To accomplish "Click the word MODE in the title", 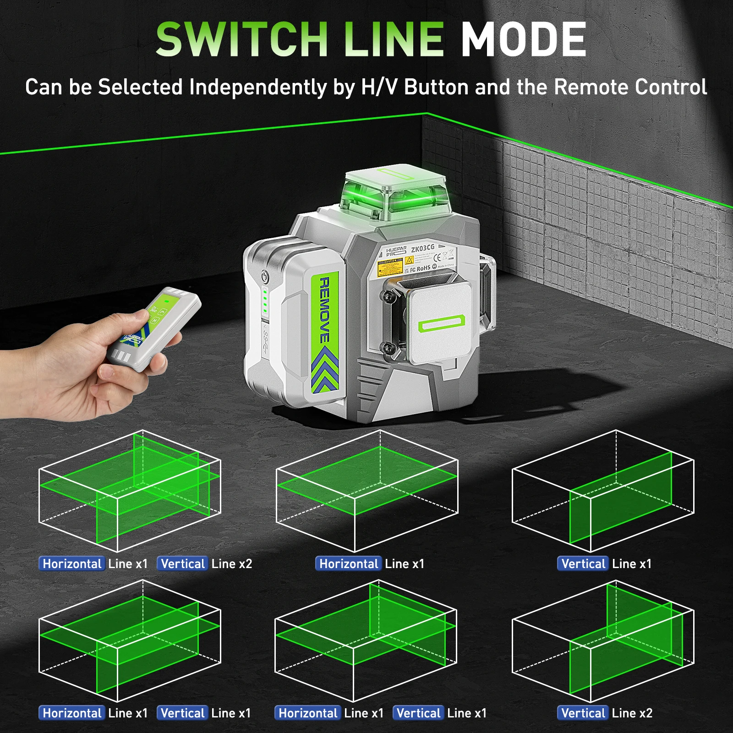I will click(523, 40).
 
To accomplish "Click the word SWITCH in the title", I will click(242, 40).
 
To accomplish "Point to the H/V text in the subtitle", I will click(379, 87).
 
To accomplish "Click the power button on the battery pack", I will click(265, 277).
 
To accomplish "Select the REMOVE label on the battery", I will click(324, 310).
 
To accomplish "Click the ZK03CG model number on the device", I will click(422, 248).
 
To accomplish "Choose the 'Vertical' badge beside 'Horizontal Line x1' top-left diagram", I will click(183, 563).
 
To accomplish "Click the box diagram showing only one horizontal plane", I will click(366, 490).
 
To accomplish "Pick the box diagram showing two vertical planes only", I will click(602, 641).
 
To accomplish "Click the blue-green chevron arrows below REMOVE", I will click(324, 369).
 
